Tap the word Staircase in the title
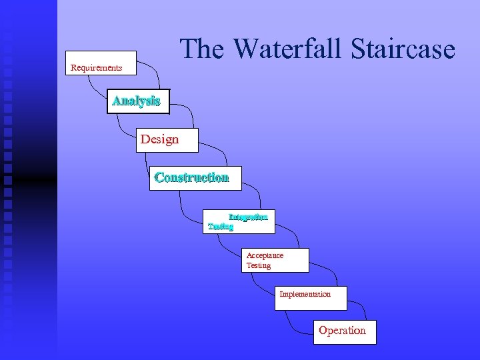(401, 49)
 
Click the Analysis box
(138, 102)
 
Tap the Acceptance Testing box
(276, 260)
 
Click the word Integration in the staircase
(248, 217)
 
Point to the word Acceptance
(265, 255)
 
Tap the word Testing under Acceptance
(259, 265)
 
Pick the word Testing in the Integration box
(221, 227)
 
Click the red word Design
(159, 139)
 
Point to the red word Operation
(342, 331)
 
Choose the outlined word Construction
(191, 177)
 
